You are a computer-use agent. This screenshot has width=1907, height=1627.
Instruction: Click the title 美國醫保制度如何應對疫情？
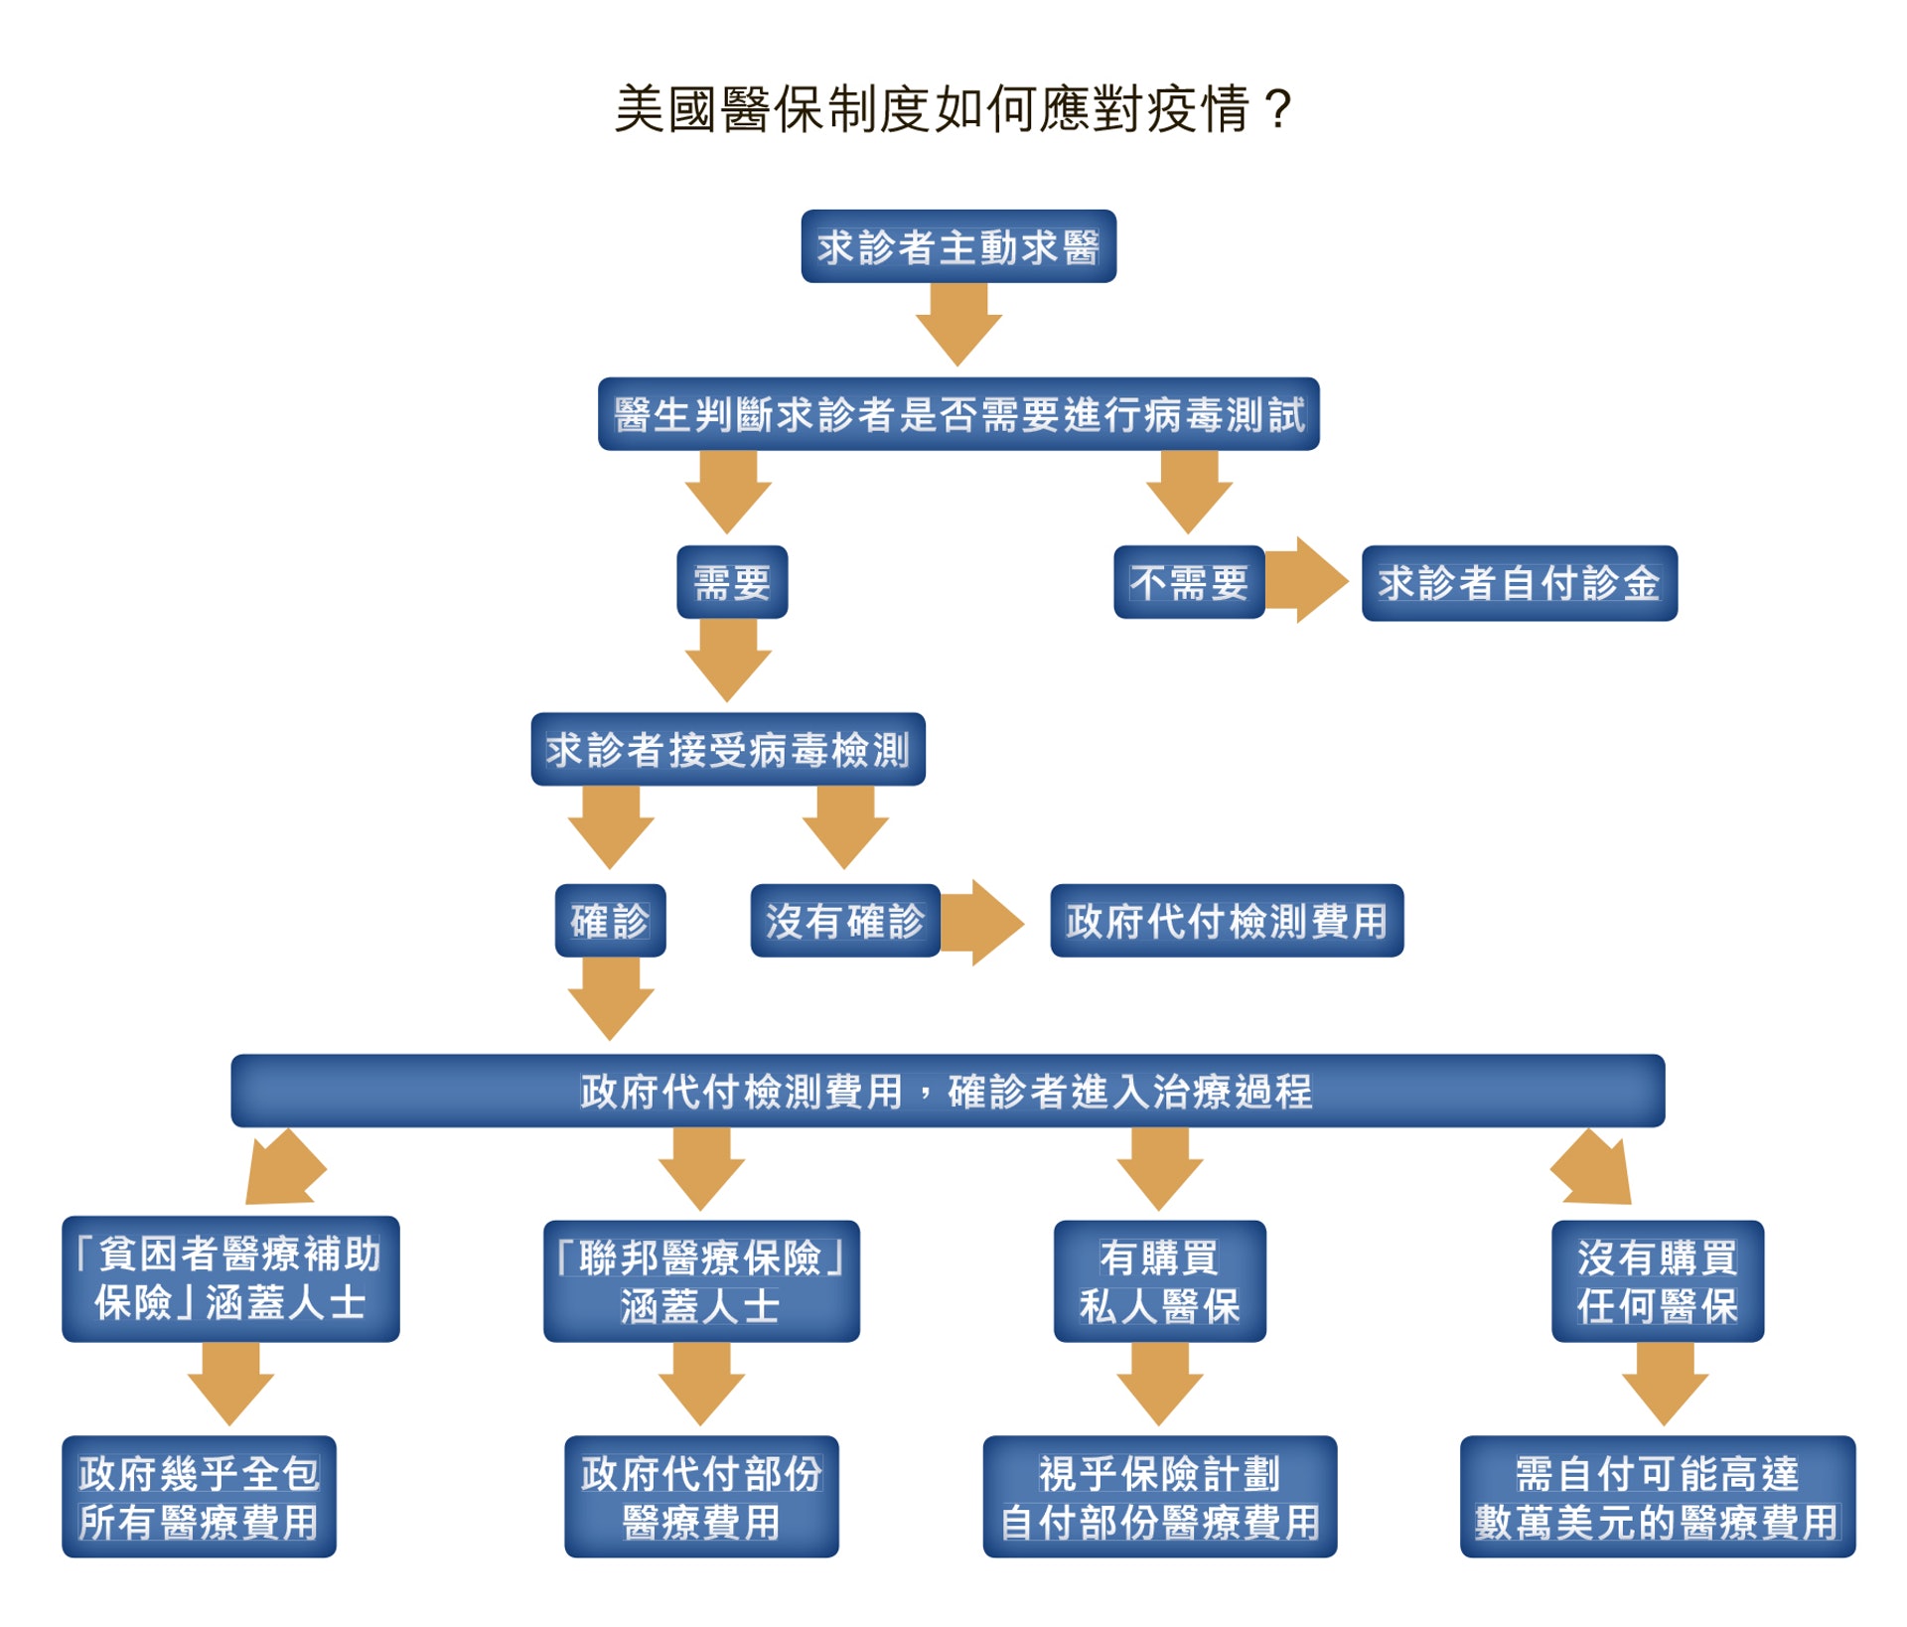[x=953, y=109]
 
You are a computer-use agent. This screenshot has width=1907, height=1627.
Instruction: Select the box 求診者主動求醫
[x=958, y=246]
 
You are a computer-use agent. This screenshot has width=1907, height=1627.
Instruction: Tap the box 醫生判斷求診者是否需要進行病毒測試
[x=958, y=414]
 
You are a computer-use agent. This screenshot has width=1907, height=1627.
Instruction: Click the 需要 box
[x=732, y=582]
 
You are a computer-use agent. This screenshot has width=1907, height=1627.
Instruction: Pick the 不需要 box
[x=1189, y=582]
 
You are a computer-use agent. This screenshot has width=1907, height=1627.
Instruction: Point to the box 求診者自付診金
[x=1519, y=583]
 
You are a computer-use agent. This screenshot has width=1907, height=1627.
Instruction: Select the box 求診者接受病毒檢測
[x=728, y=749]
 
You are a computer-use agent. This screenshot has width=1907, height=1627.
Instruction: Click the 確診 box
[x=610, y=921]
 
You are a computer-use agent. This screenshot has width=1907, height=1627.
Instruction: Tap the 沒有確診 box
[x=845, y=921]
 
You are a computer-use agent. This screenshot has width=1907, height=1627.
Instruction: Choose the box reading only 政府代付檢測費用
[x=1227, y=921]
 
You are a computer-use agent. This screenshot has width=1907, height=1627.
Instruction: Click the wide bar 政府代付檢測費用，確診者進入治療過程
[x=948, y=1091]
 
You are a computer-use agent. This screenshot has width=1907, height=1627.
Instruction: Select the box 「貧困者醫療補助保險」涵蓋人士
[x=230, y=1278]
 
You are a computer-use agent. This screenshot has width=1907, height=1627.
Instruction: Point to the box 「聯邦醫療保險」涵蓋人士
[x=701, y=1281]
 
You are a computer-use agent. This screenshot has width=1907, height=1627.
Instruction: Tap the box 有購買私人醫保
[x=1159, y=1281]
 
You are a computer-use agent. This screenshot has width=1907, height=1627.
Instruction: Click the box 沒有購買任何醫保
[x=1658, y=1281]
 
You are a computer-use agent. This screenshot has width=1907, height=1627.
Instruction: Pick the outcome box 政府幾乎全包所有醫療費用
[x=199, y=1496]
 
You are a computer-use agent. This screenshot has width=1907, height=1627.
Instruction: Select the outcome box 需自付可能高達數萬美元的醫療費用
[x=1657, y=1496]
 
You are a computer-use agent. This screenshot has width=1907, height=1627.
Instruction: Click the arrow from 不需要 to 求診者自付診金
[x=1305, y=581]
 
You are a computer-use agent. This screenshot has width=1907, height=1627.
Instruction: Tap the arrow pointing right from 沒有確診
[x=981, y=922]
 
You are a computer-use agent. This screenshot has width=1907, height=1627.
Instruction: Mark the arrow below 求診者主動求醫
[x=958, y=324]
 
